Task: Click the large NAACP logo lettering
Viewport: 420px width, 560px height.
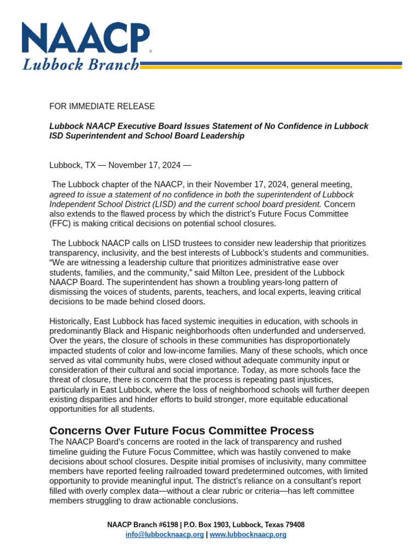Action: click(x=85, y=39)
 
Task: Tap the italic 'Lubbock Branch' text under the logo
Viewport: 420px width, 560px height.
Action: click(x=80, y=65)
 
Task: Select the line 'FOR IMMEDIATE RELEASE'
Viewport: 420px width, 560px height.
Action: click(x=102, y=106)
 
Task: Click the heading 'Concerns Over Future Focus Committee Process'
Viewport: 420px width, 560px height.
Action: click(x=182, y=430)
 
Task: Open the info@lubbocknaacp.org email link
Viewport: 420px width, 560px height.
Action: click(x=165, y=534)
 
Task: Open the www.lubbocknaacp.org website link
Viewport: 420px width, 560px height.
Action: click(x=248, y=534)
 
